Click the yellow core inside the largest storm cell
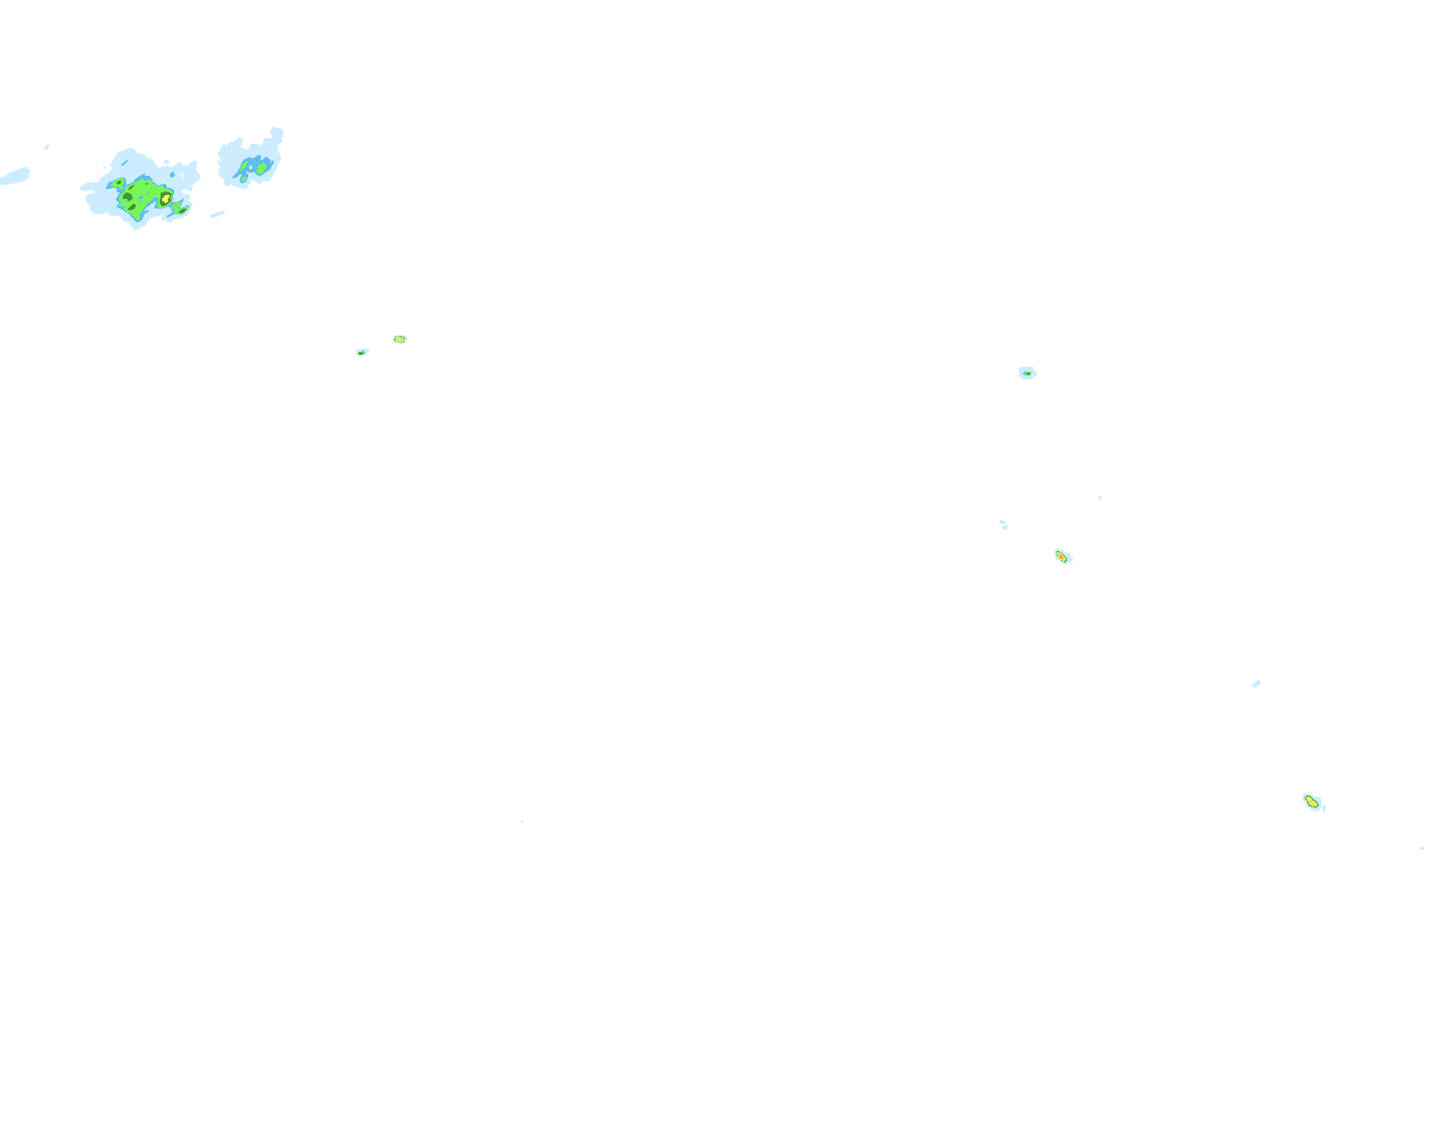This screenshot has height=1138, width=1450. click(165, 197)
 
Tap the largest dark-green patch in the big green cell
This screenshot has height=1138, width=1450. click(127, 197)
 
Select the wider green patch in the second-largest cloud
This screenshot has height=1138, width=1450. click(260, 168)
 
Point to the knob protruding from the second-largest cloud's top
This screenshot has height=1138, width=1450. click(276, 133)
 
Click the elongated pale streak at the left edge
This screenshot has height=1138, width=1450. click(15, 177)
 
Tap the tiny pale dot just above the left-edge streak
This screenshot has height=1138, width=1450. click(47, 147)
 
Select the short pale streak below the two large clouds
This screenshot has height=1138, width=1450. click(217, 214)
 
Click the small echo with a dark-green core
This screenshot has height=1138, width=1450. click(362, 352)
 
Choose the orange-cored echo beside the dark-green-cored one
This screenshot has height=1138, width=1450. click(399, 340)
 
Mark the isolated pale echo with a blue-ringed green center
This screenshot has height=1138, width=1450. click(1027, 373)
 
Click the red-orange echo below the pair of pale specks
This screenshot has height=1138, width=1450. click(1062, 556)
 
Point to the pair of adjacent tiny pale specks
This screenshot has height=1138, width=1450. click(1003, 524)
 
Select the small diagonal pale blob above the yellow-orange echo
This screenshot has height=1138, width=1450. click(1256, 684)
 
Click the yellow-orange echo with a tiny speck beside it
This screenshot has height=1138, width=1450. click(1311, 802)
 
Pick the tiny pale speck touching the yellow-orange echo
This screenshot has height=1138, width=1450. click(1325, 809)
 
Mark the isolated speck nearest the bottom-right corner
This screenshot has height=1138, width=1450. click(1422, 848)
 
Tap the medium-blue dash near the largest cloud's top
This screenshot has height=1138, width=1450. click(125, 163)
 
